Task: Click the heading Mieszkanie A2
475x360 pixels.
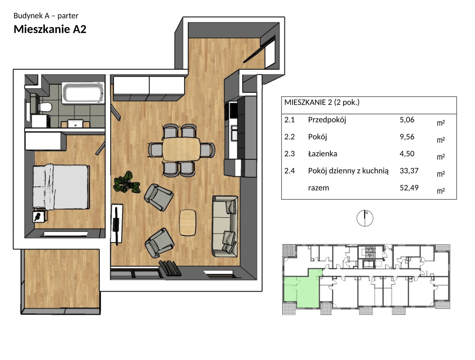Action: pyautogui.click(x=50, y=29)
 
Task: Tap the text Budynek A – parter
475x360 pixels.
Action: pyautogui.click(x=46, y=16)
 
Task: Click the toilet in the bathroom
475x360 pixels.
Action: pyautogui.click(x=45, y=107)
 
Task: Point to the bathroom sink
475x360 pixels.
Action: pyautogui.click(x=75, y=124)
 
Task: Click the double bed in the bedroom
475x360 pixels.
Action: pyautogui.click(x=61, y=187)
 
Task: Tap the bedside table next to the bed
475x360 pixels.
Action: pyautogui.click(x=40, y=216)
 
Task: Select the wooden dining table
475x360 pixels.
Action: pyautogui.click(x=181, y=149)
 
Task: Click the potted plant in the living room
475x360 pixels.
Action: pyautogui.click(x=127, y=182)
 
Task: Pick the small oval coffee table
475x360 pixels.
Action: pyautogui.click(x=187, y=222)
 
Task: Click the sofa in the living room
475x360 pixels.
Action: pyautogui.click(x=225, y=226)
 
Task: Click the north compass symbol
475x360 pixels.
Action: pyautogui.click(x=365, y=218)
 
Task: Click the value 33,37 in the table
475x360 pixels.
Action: pyautogui.click(x=406, y=171)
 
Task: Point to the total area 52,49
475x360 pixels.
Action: pyautogui.click(x=406, y=188)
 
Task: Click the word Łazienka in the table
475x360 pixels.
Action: pyautogui.click(x=323, y=154)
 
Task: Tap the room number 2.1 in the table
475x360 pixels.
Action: pyautogui.click(x=290, y=120)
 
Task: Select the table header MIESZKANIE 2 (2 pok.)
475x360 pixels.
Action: pyautogui.click(x=322, y=102)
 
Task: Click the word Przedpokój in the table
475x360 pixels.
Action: pyautogui.click(x=327, y=120)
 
